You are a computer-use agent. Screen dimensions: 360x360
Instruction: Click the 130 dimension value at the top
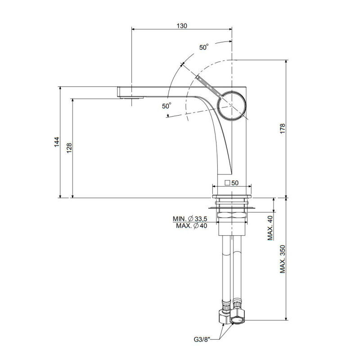(x=182, y=26)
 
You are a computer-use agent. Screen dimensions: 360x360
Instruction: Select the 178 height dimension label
(x=283, y=129)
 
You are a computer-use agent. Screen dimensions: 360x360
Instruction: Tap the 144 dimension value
(x=57, y=142)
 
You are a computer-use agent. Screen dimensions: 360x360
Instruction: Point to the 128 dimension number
(x=69, y=148)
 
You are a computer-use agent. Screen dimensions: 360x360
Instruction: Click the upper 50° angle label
(x=204, y=47)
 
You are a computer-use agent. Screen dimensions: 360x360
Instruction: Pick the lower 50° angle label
(x=166, y=106)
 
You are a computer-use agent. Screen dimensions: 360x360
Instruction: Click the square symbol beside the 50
(x=228, y=183)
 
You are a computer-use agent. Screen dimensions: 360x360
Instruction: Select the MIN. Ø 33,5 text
(x=190, y=219)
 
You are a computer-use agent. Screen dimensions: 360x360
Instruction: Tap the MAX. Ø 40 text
(x=192, y=226)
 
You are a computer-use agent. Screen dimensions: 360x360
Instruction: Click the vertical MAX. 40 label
(x=270, y=228)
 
